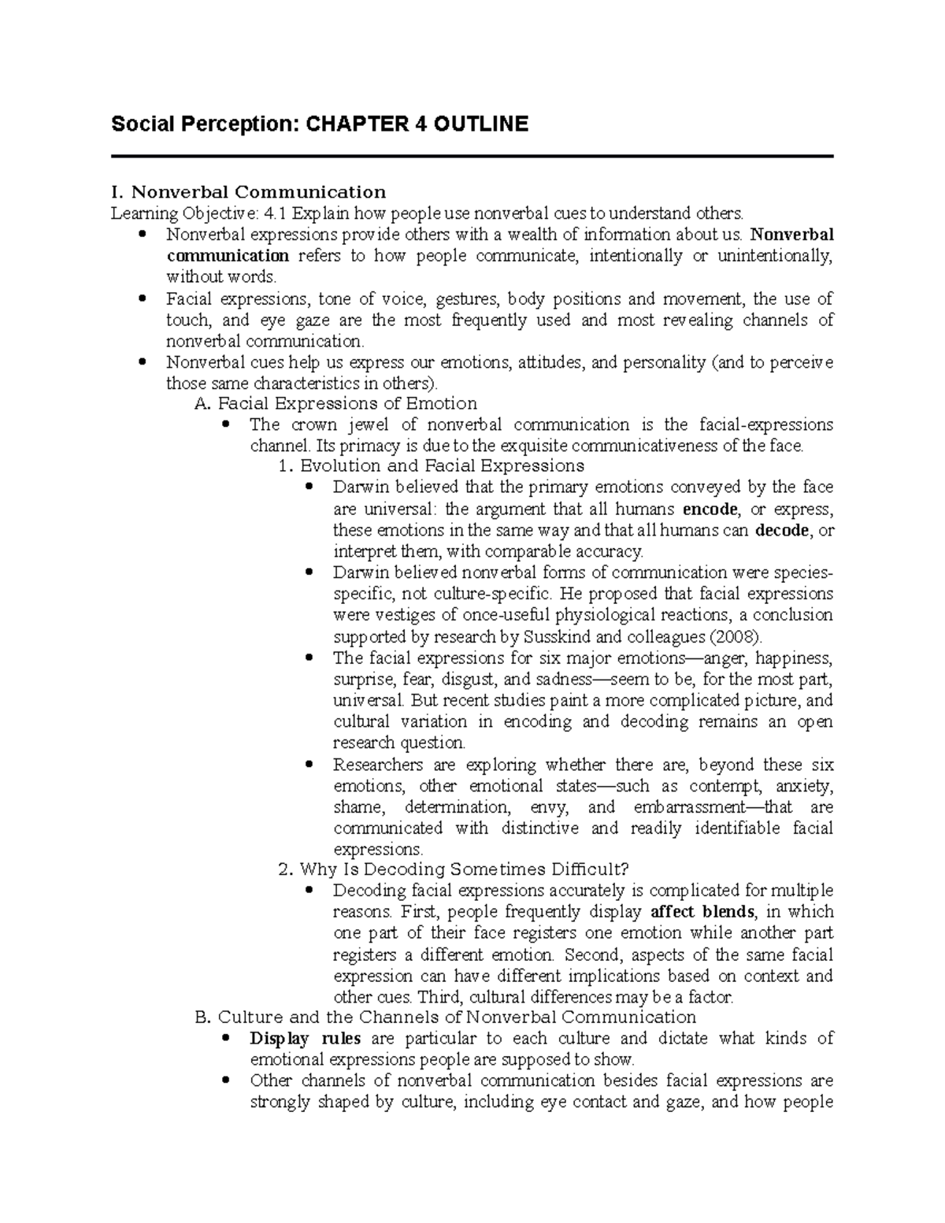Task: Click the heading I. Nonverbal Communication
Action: (249, 192)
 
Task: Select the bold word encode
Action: (711, 509)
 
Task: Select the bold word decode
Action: (781, 530)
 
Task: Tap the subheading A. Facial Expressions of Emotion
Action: (335, 404)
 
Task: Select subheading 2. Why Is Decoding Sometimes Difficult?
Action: (454, 869)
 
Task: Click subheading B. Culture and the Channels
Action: (445, 1017)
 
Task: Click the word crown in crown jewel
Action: (313, 425)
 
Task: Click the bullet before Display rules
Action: (226, 1038)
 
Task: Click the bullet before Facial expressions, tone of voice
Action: (143, 298)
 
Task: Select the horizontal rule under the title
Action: (472, 157)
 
